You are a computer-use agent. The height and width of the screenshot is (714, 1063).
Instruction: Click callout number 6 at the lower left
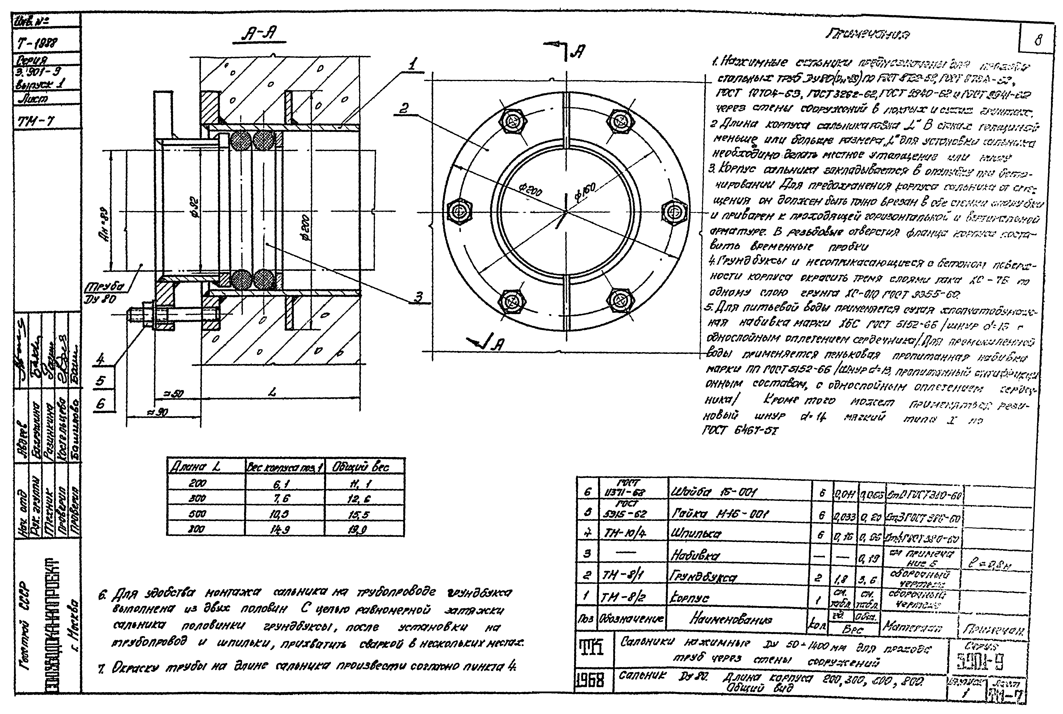tap(101, 403)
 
